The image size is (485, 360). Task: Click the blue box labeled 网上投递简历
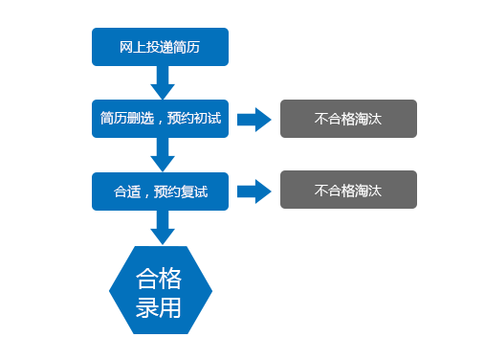(x=160, y=47)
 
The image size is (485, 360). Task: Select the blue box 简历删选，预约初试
(x=160, y=119)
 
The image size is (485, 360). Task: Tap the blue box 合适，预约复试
(x=160, y=191)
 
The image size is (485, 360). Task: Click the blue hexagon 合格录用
(x=160, y=291)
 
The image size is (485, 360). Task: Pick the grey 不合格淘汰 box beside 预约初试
(x=348, y=119)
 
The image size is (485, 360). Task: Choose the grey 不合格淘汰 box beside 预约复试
(x=348, y=190)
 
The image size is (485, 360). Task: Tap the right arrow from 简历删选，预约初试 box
(x=254, y=120)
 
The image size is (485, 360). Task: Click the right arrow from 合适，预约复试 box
(x=254, y=191)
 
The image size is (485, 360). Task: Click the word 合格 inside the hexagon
(x=160, y=278)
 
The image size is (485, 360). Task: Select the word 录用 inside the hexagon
(x=160, y=307)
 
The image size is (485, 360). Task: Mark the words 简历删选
(x=122, y=119)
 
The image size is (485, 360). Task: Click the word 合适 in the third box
(x=126, y=191)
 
